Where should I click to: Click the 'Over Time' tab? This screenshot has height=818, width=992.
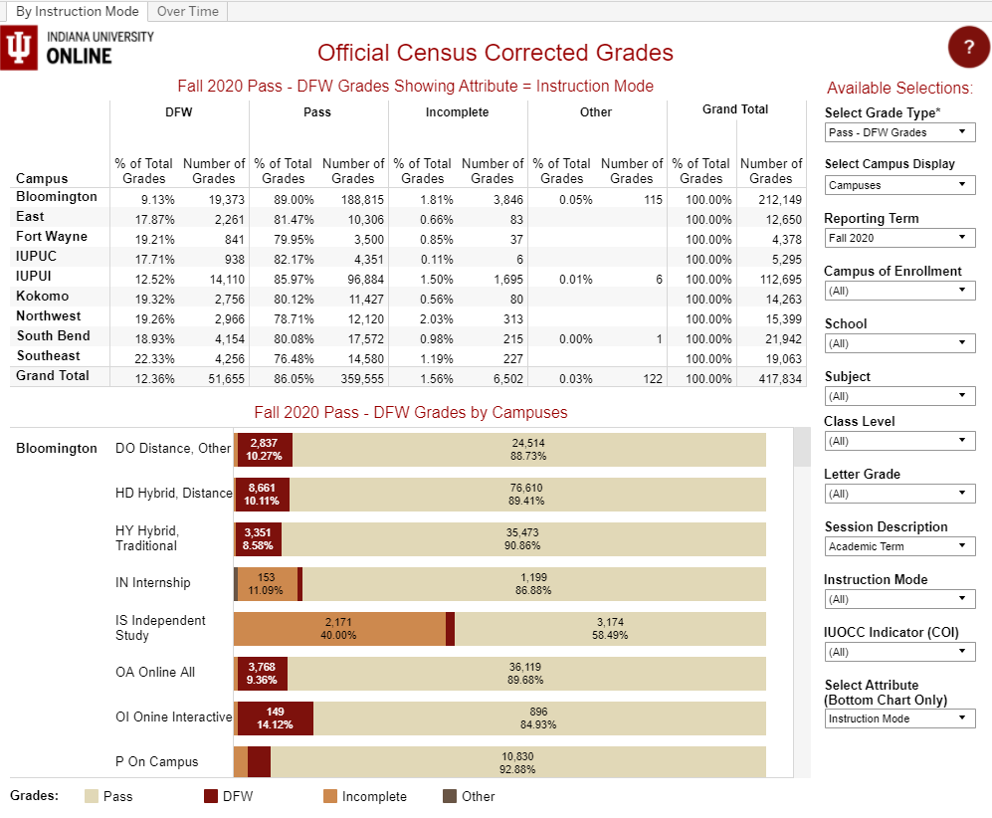[188, 11]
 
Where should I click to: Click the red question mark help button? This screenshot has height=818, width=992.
[969, 48]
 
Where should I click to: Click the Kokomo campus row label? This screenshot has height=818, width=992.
[43, 297]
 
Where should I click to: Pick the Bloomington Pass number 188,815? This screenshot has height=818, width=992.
[353, 199]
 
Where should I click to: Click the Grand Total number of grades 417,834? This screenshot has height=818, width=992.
[771, 378]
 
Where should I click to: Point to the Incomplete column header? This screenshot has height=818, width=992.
[457, 112]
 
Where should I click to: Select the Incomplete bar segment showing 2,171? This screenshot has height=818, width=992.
[339, 629]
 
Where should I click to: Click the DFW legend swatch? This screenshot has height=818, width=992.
[211, 796]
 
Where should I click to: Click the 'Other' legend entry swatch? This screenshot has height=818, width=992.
[450, 796]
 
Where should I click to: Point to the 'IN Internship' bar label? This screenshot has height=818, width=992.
[153, 583]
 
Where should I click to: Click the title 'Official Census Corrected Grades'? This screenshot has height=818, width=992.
[496, 53]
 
